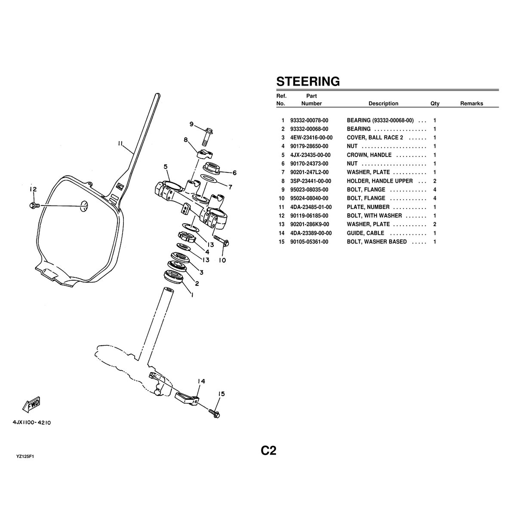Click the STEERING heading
tap(307, 81)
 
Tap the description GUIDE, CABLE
tap(365, 233)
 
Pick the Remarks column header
tap(471, 104)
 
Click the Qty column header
tap(435, 104)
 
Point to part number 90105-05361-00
tap(309, 242)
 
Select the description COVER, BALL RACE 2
tap(375, 138)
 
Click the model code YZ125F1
tap(25, 456)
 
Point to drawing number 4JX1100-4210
tap(32, 423)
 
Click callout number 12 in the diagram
tap(33, 190)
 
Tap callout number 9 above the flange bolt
tap(191, 125)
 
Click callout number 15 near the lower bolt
tap(221, 394)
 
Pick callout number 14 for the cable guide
tap(201, 381)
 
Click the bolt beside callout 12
tap(34, 206)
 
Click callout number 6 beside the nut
tap(234, 173)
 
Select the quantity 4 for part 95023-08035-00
tap(435, 190)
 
